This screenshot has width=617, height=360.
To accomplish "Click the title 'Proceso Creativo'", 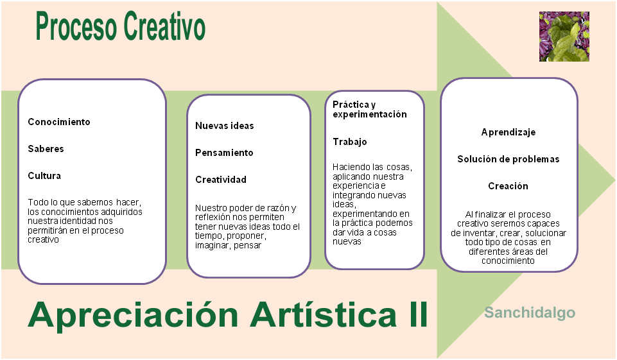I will click(x=121, y=28).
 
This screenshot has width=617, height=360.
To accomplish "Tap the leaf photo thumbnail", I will click(x=564, y=37).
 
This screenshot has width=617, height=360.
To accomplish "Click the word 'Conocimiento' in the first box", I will click(x=59, y=122).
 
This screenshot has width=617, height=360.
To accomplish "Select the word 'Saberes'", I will click(x=46, y=149).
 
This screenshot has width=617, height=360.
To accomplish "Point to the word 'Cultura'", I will click(x=44, y=176).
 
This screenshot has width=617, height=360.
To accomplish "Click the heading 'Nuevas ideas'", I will click(x=224, y=126).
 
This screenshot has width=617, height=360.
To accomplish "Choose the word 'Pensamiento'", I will click(x=224, y=153).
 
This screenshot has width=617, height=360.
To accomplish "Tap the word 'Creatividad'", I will click(x=220, y=180).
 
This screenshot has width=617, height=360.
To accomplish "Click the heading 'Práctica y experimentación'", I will click(x=369, y=109).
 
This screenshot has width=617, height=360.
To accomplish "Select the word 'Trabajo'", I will click(x=349, y=142).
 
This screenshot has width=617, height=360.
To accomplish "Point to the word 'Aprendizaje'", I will click(x=508, y=132).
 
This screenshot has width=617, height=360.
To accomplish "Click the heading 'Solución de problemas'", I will click(x=508, y=159).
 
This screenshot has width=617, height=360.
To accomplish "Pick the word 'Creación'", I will click(x=508, y=186).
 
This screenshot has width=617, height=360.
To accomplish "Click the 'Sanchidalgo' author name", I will click(x=530, y=313).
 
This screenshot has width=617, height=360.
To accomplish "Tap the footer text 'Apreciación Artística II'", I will click(x=227, y=315).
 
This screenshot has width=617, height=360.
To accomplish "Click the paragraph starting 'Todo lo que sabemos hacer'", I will click(x=85, y=221).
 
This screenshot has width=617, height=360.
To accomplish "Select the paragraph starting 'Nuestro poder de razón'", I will click(x=247, y=227).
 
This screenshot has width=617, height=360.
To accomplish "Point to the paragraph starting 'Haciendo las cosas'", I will click(x=372, y=204).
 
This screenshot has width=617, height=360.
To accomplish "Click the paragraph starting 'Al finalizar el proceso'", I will click(x=508, y=237).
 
